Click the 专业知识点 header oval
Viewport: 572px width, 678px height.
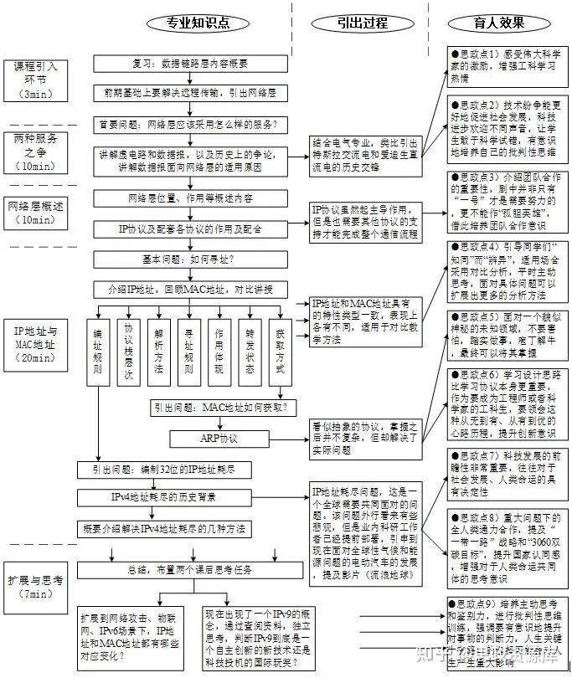[189, 23]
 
